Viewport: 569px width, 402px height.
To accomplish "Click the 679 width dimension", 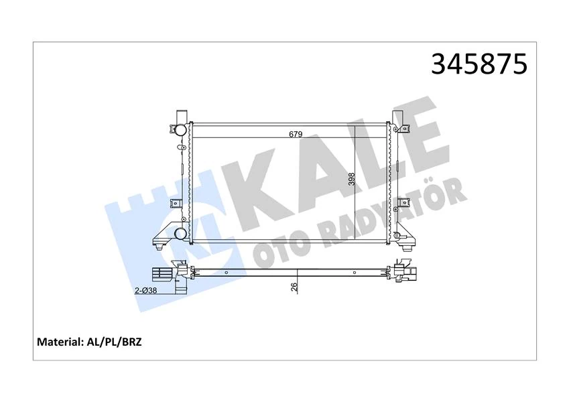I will [296, 134].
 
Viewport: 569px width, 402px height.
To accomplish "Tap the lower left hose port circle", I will [180, 234].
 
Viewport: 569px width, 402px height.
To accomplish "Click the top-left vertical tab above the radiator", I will [179, 115].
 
